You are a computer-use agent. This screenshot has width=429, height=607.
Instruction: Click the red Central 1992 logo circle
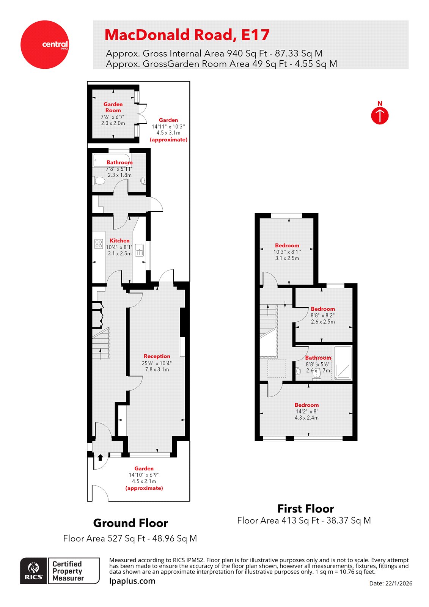coord(45,44)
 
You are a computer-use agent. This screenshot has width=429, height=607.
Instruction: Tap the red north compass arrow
coord(380,115)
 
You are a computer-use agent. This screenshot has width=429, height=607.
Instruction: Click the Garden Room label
coord(113,107)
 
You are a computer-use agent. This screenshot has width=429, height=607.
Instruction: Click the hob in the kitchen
coord(99,244)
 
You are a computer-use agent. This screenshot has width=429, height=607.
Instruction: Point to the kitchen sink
coord(139,250)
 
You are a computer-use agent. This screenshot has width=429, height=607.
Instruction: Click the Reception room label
coord(157,356)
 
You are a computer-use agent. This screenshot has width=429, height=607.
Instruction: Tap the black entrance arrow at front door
coord(100,458)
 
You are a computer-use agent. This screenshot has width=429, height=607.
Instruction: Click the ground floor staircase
coord(101,343)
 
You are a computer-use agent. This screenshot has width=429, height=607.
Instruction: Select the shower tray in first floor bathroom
coord(343,363)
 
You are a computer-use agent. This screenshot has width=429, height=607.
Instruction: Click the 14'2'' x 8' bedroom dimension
coord(306,411)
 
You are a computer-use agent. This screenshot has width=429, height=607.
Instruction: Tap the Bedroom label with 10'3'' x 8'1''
coord(287,245)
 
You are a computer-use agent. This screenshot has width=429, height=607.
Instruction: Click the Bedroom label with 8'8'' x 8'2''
coord(323,309)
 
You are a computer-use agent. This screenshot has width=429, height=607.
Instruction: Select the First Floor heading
coord(305,508)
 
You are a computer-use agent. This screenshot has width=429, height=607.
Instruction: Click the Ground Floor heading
coord(130,523)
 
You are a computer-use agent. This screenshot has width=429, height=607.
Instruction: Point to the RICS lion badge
coord(34,571)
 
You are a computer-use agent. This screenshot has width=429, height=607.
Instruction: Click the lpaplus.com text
coord(132,581)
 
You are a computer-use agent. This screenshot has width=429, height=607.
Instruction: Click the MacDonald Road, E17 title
coord(187,35)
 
